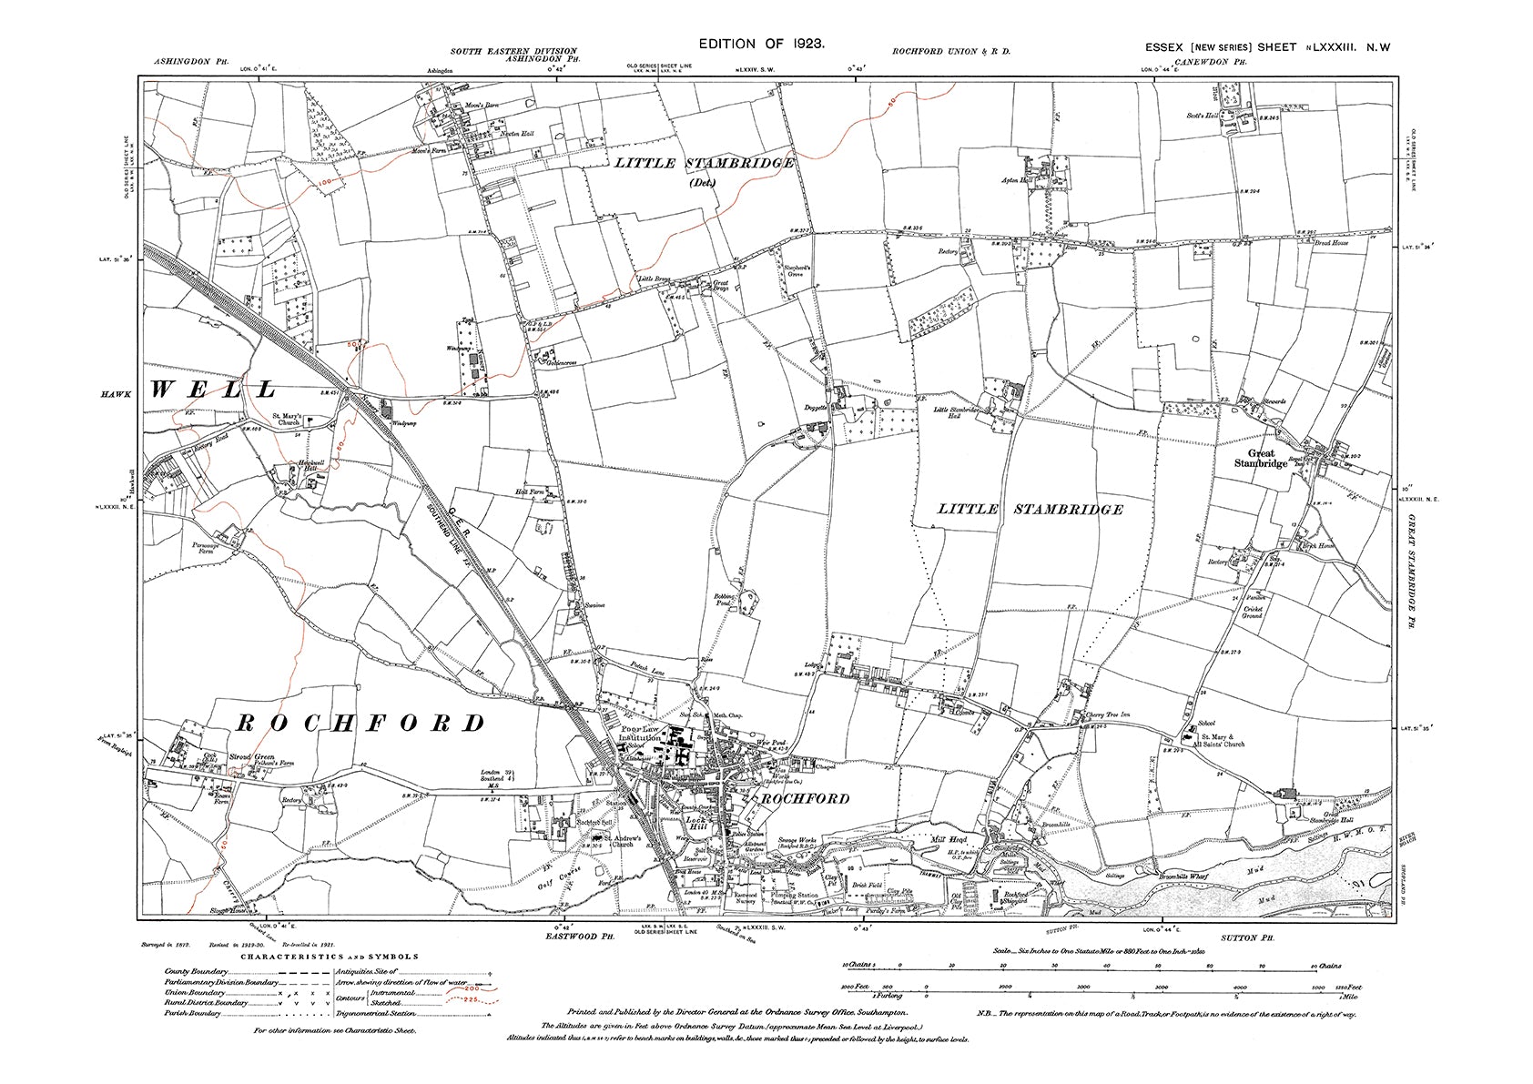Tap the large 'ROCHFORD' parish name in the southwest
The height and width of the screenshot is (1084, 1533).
(360, 724)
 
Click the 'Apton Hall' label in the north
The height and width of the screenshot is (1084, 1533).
(1015, 180)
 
